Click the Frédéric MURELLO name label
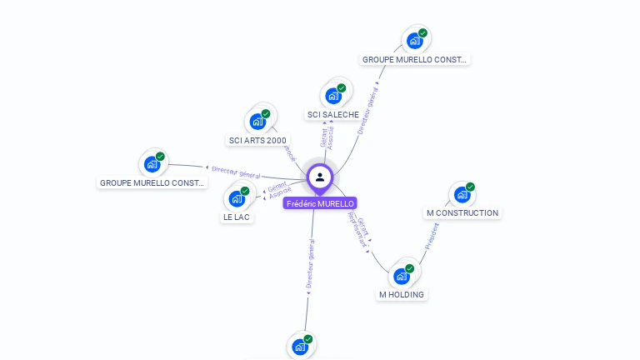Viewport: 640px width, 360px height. (320, 203)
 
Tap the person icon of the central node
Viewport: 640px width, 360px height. (320, 177)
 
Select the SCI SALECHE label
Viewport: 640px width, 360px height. (332, 115)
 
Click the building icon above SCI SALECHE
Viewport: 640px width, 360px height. (333, 96)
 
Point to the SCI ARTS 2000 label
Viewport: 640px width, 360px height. (257, 140)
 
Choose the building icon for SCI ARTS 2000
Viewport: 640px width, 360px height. (257, 122)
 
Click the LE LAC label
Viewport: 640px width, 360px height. (237, 217)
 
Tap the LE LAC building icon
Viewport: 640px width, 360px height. (237, 199)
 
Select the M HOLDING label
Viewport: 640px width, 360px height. (402, 295)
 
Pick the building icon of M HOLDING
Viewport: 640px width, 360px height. (402, 276)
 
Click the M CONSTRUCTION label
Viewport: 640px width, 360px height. (462, 213)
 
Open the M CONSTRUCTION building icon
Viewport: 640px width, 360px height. (462, 195)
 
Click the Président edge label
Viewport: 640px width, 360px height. (431, 237)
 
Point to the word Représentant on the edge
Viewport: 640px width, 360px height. (357, 230)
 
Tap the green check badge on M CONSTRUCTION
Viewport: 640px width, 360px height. (470, 187)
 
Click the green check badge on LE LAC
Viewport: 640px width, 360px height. (245, 191)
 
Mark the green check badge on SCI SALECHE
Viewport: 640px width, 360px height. (341, 87)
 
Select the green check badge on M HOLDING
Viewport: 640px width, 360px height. (409, 268)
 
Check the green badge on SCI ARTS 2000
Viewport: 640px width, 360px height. (266, 113)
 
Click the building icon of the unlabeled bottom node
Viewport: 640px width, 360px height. (299, 347)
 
